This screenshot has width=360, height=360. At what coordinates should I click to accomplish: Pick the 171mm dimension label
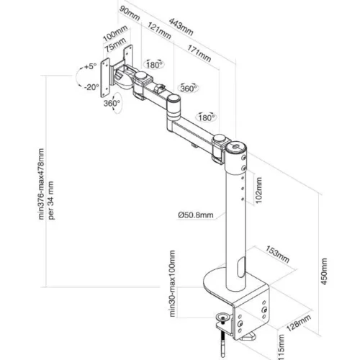point(199,53)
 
